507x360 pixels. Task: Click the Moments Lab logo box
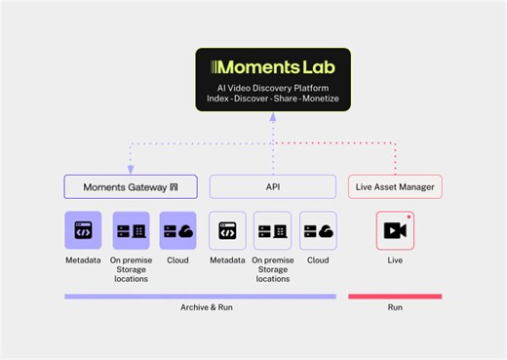tap(273, 78)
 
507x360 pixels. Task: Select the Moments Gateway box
tap(131, 186)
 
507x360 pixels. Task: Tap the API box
tap(273, 186)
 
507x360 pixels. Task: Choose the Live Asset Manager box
tap(395, 186)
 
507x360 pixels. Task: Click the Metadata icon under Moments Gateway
tap(83, 231)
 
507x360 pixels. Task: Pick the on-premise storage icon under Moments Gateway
tap(131, 231)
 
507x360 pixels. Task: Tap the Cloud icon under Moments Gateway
tap(178, 231)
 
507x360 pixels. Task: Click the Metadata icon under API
tap(227, 231)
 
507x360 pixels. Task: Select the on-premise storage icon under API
tap(272, 231)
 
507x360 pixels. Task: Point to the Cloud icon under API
tap(318, 231)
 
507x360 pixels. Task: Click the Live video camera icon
tap(395, 231)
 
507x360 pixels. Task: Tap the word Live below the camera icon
tap(395, 260)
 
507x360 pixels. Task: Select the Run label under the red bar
tap(395, 308)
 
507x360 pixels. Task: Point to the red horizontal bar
tap(395, 296)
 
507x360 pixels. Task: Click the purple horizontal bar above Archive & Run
tap(200, 296)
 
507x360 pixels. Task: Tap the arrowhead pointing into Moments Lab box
tap(273, 116)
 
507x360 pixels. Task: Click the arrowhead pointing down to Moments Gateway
tap(131, 170)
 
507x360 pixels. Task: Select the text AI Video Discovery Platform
tap(273, 89)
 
